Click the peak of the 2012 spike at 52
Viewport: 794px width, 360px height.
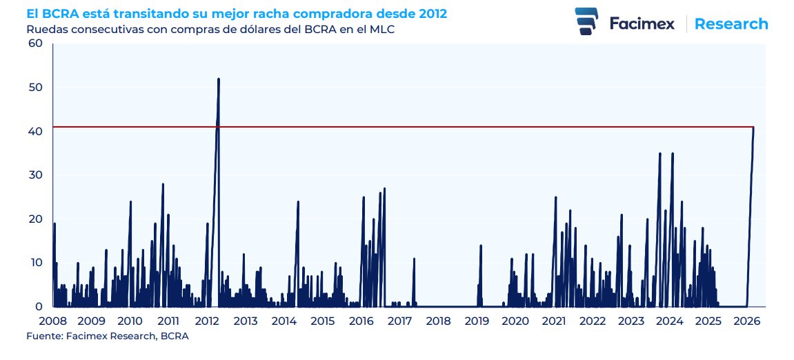pyautogui.click(x=219, y=79)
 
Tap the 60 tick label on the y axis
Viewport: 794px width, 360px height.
pyautogui.click(x=35, y=43)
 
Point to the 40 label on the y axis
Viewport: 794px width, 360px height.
pyautogui.click(x=35, y=131)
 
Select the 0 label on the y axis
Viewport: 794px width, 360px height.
pyautogui.click(x=39, y=306)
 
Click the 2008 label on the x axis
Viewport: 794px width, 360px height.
pyautogui.click(x=53, y=321)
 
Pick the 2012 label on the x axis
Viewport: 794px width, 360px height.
pyautogui.click(x=207, y=321)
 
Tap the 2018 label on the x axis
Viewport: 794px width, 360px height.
pyautogui.click(x=438, y=321)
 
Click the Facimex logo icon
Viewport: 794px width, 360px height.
pyautogui.click(x=586, y=22)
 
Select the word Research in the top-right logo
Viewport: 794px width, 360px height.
pyautogui.click(x=731, y=24)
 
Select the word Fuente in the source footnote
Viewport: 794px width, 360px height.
pyautogui.click(x=42, y=336)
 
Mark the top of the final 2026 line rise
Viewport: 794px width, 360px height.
pyautogui.click(x=753, y=128)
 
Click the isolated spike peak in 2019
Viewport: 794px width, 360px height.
pyautogui.click(x=481, y=246)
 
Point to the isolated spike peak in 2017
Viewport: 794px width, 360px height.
pyautogui.click(x=414, y=259)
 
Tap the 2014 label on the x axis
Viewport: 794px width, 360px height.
pyautogui.click(x=284, y=321)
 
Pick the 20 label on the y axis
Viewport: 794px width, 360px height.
pyautogui.click(x=35, y=219)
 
